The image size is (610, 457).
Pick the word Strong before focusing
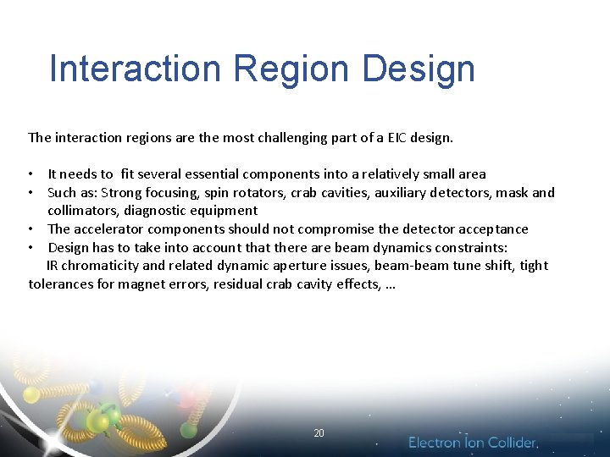point(121,193)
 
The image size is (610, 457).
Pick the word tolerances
point(63,284)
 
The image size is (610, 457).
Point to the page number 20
point(319,433)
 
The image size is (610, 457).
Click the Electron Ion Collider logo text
point(473,443)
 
